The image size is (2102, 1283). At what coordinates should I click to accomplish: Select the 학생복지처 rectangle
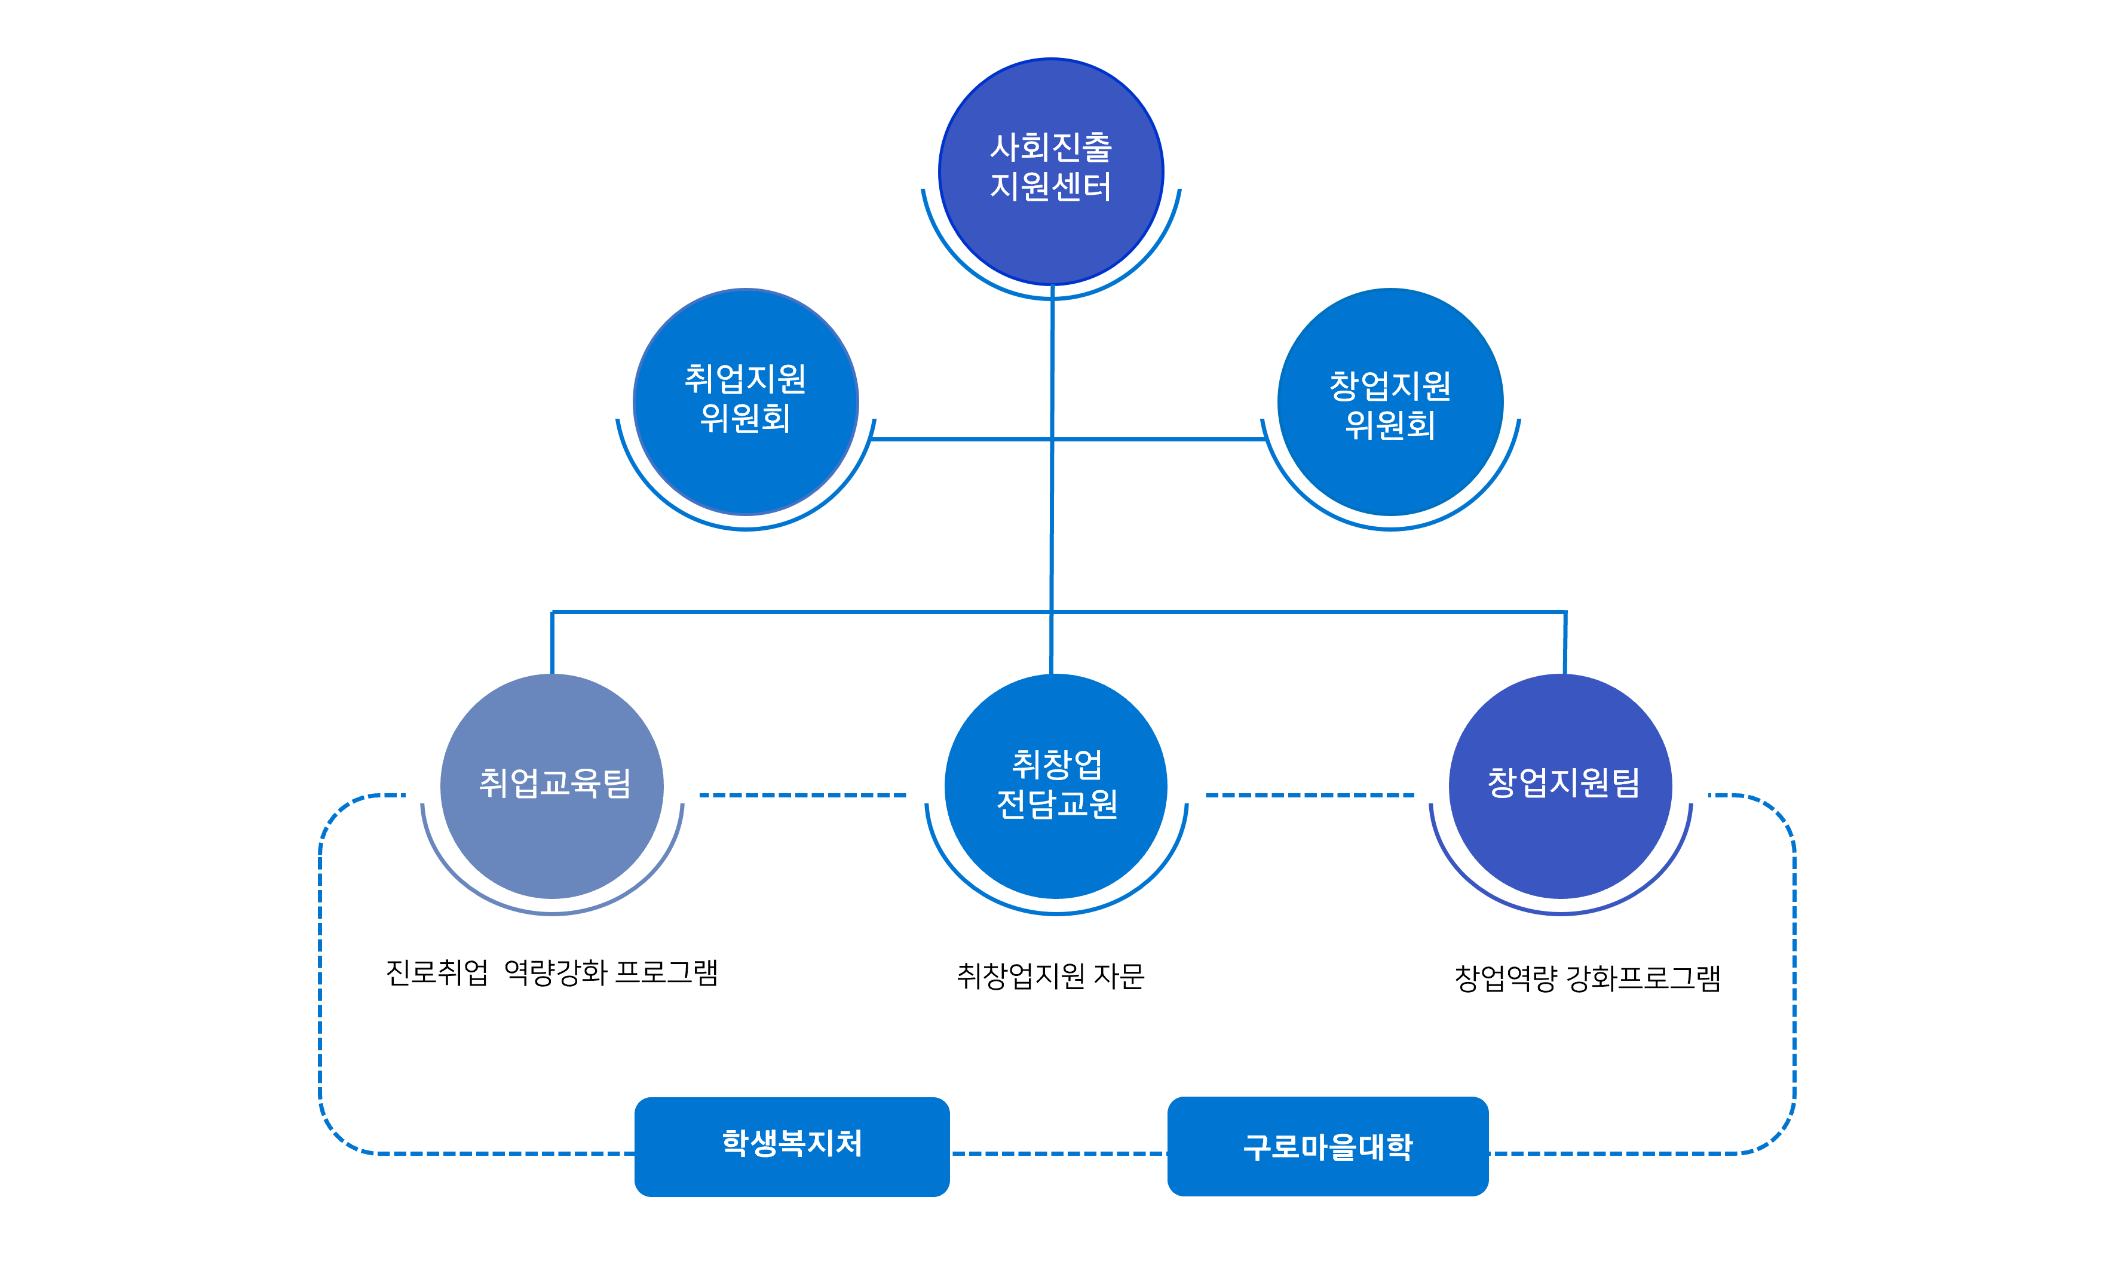coord(792,1146)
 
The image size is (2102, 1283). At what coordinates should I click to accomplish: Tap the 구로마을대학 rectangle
coord(1328,1146)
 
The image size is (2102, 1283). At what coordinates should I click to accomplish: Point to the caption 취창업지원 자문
coord(1050,975)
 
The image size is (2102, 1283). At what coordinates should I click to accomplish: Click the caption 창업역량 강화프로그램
coord(1587,978)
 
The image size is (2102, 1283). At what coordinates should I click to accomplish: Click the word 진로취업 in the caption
coord(437,972)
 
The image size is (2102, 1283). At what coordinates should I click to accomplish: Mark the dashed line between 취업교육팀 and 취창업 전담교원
coord(802,795)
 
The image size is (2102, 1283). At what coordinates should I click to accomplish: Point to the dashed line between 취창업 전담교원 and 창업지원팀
coord(1310,795)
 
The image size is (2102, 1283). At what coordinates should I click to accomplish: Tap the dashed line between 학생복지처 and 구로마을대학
coord(1058,1153)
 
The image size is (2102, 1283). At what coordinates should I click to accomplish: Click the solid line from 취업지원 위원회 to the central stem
coord(960,440)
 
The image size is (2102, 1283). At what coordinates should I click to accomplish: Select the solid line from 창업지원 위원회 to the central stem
coord(1160,440)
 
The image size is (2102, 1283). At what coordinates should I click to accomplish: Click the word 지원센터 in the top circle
coord(1051,186)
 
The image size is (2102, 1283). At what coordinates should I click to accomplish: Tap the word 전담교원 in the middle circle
coord(1057,803)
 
